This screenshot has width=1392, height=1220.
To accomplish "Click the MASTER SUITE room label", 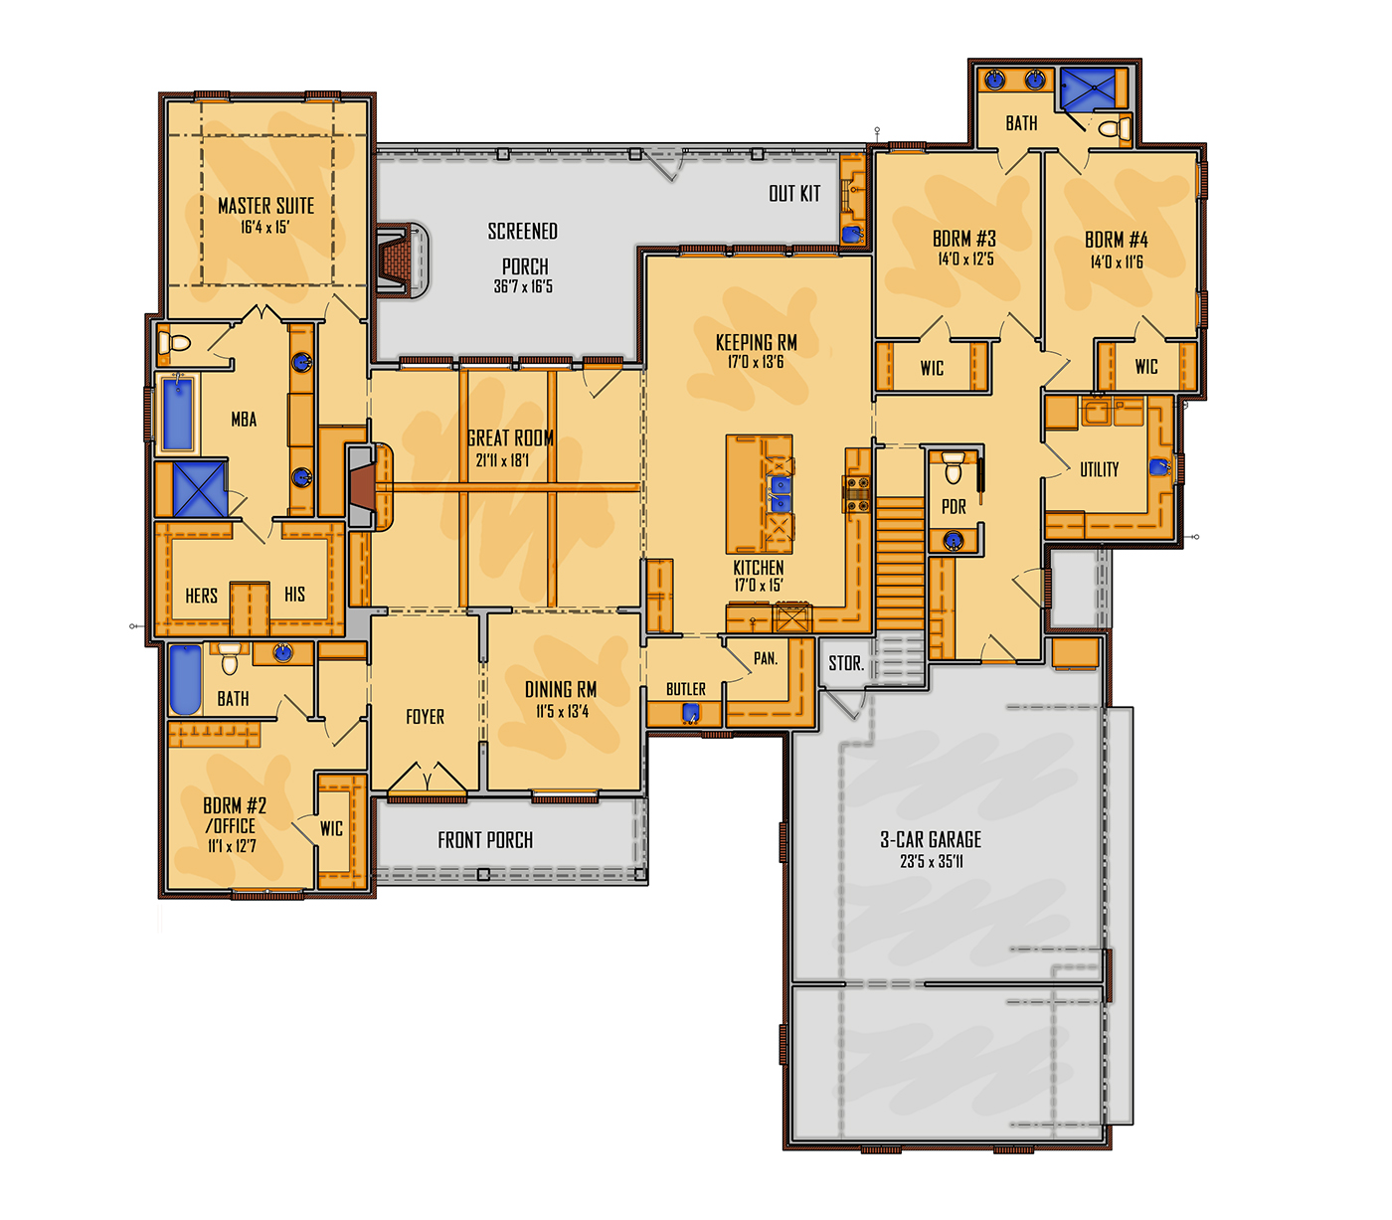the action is pyautogui.click(x=265, y=206).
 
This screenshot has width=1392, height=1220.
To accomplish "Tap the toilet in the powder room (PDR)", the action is pyautogui.click(x=953, y=467).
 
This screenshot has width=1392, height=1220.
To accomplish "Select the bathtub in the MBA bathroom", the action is pyautogui.click(x=178, y=414).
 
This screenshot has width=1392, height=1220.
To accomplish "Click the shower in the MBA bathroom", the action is pyautogui.click(x=199, y=488).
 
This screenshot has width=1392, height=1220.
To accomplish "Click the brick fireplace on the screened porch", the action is pyautogui.click(x=402, y=261).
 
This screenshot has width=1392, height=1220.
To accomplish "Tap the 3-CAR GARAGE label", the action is pyautogui.click(x=931, y=839).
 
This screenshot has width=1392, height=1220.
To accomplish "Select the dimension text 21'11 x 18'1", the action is pyautogui.click(x=502, y=460).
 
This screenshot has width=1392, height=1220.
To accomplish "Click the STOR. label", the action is pyautogui.click(x=846, y=663).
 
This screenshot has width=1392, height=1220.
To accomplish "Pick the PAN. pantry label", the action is pyautogui.click(x=766, y=658).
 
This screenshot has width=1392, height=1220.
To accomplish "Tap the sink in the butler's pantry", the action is pyautogui.click(x=690, y=715).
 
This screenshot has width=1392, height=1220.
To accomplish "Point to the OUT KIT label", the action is pyautogui.click(x=794, y=194).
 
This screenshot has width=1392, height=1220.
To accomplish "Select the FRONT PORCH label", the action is pyautogui.click(x=485, y=840).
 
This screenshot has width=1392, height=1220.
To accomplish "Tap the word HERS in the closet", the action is pyautogui.click(x=201, y=596).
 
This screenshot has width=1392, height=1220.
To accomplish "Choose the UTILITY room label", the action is pyautogui.click(x=1100, y=470).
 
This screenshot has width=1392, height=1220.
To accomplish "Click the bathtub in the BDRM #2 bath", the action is pyautogui.click(x=185, y=679).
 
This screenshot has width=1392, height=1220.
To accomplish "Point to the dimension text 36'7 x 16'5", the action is pyautogui.click(x=523, y=286).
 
